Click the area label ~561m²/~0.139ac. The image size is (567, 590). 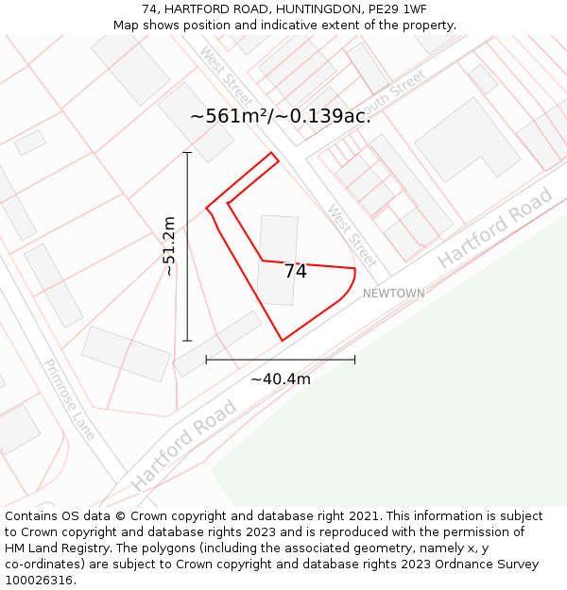pos(281,116)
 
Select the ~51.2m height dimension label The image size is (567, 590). pos(169,246)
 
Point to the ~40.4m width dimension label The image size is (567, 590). pos(281,379)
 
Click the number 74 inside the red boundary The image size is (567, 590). pos(295,272)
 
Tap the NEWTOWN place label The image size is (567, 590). pos(394,294)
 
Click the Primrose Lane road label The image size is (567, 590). pos(70,398)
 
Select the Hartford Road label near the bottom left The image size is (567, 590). pos(183,445)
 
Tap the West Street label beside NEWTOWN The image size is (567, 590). pos(352,234)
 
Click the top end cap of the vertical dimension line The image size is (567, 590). pos(187,152)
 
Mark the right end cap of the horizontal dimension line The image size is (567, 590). pos(354,360)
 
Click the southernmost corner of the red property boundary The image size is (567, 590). pos(282,340)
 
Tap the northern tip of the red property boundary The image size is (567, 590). pos(272,153)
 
